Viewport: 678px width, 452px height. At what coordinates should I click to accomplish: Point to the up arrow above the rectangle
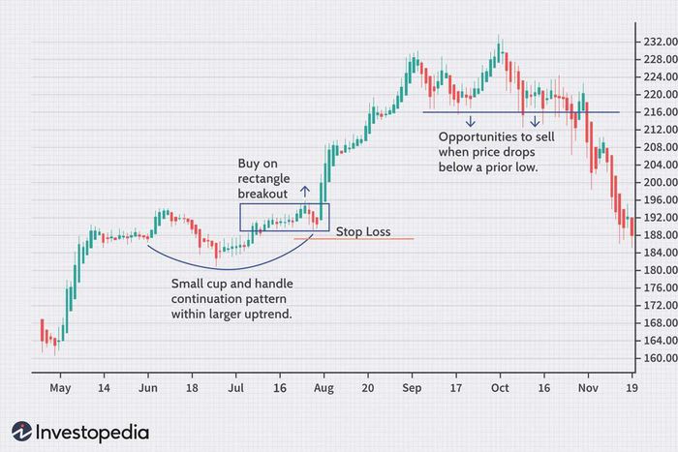(305, 192)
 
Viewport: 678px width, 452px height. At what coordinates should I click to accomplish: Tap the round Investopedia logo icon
(21, 432)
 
